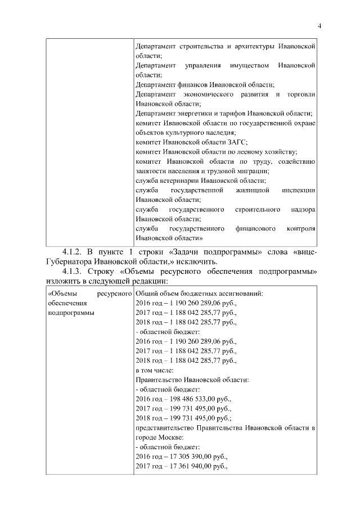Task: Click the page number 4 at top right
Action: [x=319, y=25]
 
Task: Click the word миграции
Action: [x=254, y=170]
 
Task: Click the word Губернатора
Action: [x=70, y=261]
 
